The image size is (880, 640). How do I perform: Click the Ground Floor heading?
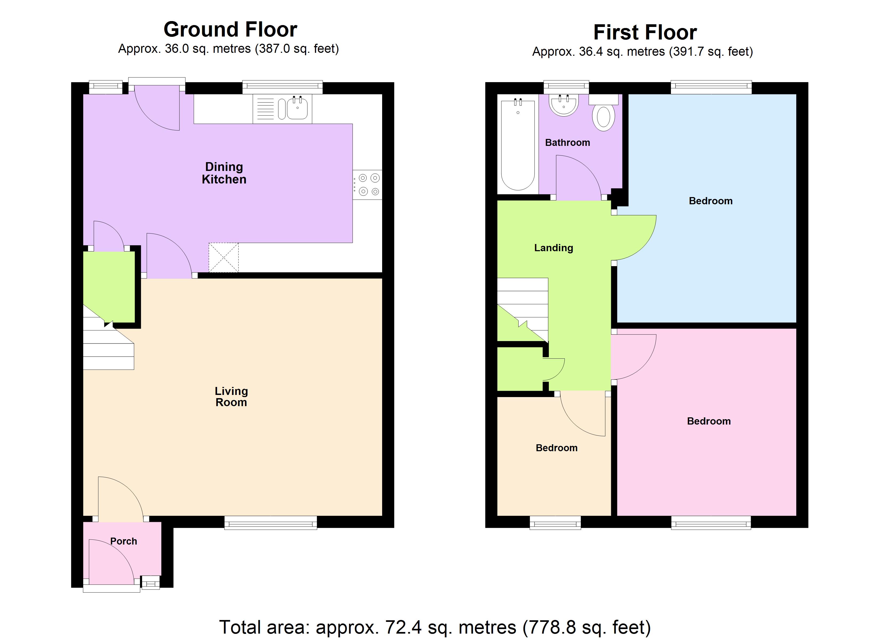230,30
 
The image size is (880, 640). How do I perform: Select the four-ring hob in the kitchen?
367,185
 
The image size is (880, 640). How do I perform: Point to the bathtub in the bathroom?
518,144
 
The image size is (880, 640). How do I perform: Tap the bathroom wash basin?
563,105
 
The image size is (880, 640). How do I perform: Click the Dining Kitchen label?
224,173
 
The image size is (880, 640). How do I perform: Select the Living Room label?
231,397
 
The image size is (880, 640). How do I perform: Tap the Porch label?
123,541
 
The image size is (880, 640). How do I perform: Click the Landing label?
553,248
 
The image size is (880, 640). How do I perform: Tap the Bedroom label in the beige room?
557,448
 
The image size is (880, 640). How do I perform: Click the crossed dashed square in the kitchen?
223,257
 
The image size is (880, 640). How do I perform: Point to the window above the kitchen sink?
282,87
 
